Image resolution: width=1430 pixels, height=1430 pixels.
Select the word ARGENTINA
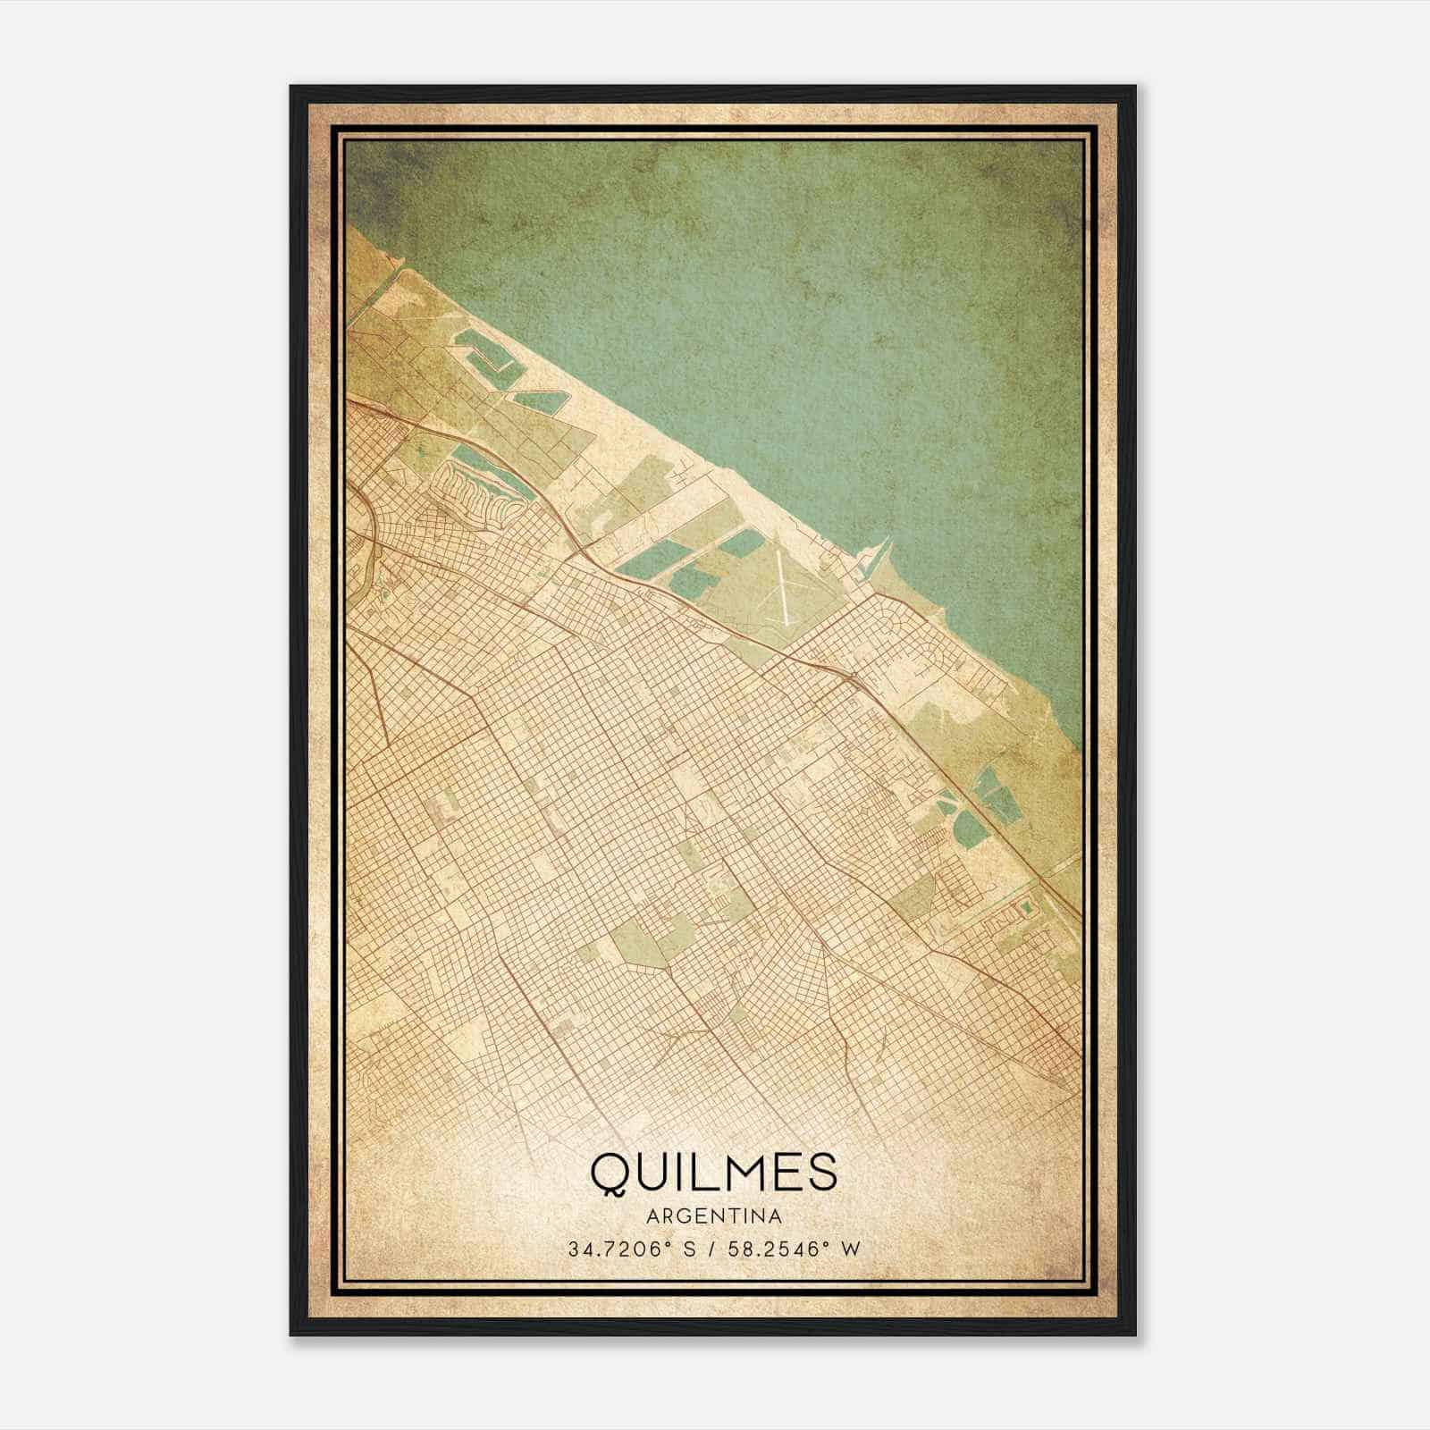(714, 1217)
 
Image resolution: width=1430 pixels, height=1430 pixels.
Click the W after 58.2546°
(853, 1249)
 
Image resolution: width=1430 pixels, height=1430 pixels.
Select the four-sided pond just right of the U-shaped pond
(540, 400)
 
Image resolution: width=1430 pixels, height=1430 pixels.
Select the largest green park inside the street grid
(640, 942)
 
